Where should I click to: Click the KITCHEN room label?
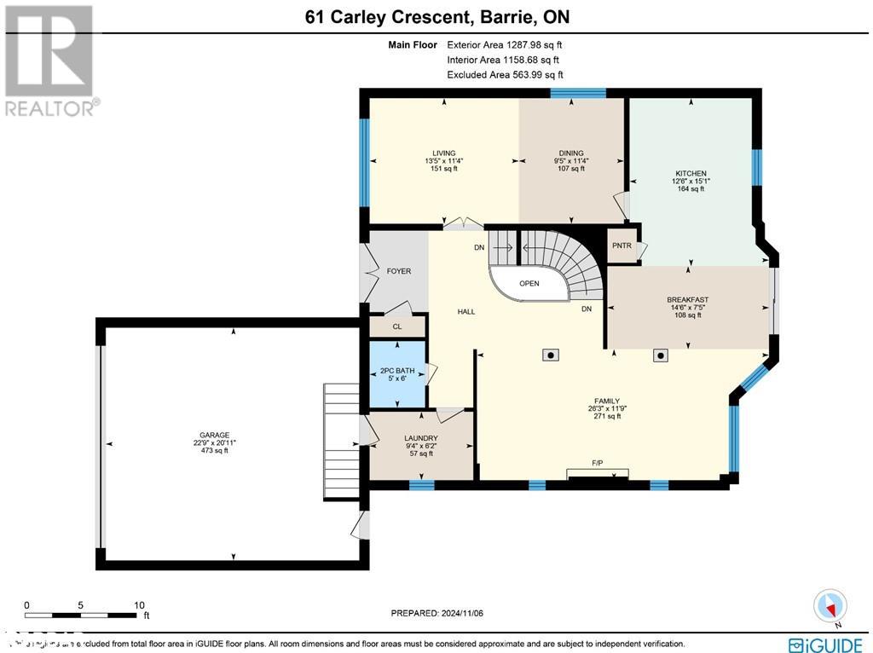click(x=690, y=174)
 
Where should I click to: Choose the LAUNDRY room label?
click(x=420, y=438)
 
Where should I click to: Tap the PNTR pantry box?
click(x=622, y=246)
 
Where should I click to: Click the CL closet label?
click(x=396, y=326)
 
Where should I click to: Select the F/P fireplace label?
click(x=598, y=463)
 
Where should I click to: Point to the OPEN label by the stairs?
click(x=529, y=284)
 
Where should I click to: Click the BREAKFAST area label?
click(x=687, y=300)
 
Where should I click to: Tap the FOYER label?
click(x=399, y=271)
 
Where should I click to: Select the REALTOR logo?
click(x=50, y=60)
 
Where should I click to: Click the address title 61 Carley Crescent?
click(x=436, y=17)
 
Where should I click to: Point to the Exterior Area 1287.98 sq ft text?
click(x=503, y=44)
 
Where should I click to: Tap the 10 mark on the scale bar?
click(x=138, y=605)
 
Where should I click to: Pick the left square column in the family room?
click(x=552, y=355)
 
